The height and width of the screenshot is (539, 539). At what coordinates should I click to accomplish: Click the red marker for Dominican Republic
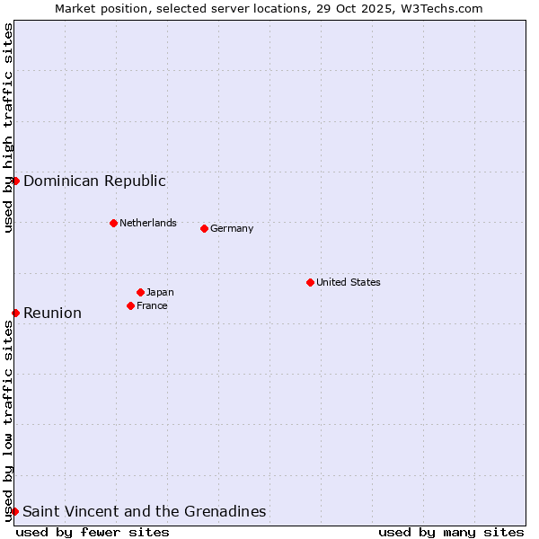pos(15,181)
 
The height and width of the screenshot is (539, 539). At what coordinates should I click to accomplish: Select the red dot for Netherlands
pos(113,223)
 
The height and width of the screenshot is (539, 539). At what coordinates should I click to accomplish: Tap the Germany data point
pos(204,228)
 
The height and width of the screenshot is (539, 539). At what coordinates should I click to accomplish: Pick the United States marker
pos(310,282)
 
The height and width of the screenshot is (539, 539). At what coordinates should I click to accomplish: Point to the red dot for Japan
pos(140,292)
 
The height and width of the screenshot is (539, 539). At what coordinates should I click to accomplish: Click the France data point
pos(130,305)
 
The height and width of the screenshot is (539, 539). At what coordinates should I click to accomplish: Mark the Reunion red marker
pos(15,313)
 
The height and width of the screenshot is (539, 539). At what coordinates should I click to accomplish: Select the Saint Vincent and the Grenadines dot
pos(14,511)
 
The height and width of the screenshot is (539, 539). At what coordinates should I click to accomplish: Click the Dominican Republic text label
pos(94,181)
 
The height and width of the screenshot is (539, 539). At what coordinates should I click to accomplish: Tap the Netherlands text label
pos(148,223)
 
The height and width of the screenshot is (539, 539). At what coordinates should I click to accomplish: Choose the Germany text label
pos(232,228)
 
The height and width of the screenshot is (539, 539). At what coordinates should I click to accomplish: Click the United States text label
pos(349,282)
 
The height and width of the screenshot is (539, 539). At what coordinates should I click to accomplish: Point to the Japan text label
pos(160,292)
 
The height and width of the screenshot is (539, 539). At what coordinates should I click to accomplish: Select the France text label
pos(152,305)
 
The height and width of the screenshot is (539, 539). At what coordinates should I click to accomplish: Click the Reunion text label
pos(52,313)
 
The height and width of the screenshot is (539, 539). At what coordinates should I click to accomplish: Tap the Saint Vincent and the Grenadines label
pos(145,511)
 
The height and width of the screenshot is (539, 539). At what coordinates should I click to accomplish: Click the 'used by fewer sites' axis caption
pos(93,532)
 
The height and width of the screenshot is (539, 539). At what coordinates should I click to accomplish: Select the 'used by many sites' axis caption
pos(451,532)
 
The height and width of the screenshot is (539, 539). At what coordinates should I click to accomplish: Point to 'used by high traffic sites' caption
pos(8,128)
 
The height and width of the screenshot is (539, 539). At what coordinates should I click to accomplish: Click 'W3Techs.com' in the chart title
pos(441,8)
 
